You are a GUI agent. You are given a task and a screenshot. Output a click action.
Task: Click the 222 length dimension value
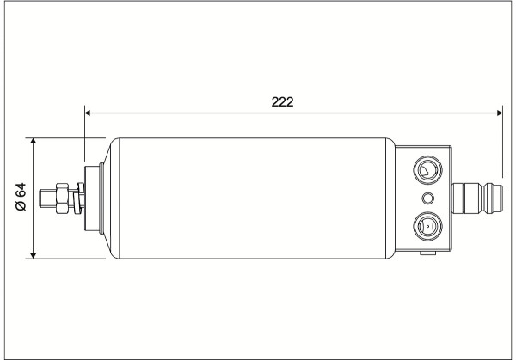tap(282, 102)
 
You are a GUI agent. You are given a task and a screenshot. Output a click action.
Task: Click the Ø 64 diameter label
tap(21, 197)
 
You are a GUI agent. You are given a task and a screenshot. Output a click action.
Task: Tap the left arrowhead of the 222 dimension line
tap(88, 113)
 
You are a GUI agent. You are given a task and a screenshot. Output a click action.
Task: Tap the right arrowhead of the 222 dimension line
tap(500, 113)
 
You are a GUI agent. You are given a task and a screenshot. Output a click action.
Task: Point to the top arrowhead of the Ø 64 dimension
tap(33, 141)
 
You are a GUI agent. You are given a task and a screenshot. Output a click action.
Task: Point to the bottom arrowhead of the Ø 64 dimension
tap(33, 255)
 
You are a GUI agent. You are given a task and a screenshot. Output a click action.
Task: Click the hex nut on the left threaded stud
tap(62, 198)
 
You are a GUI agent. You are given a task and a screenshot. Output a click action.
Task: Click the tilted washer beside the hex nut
tap(79, 198)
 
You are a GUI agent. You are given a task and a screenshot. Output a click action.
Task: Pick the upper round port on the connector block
tap(427, 170)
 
